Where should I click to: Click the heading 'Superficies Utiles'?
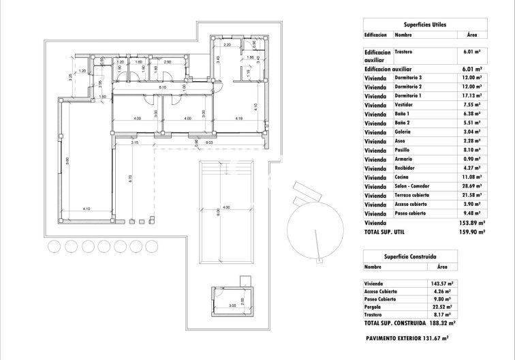pyautogui.click(x=424, y=24)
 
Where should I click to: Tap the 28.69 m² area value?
pyautogui.click(x=471, y=186)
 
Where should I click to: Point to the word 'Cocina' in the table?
pyautogui.click(x=403, y=177)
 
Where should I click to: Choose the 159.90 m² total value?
pyautogui.click(x=470, y=232)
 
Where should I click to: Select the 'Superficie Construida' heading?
pyautogui.click(x=424, y=256)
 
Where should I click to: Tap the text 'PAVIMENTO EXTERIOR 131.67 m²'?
pyautogui.click(x=408, y=338)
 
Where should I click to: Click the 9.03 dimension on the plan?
pyautogui.click(x=209, y=142)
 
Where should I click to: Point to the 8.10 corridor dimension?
pyautogui.click(x=163, y=87)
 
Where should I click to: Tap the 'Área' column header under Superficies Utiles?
pyautogui.click(x=471, y=33)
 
